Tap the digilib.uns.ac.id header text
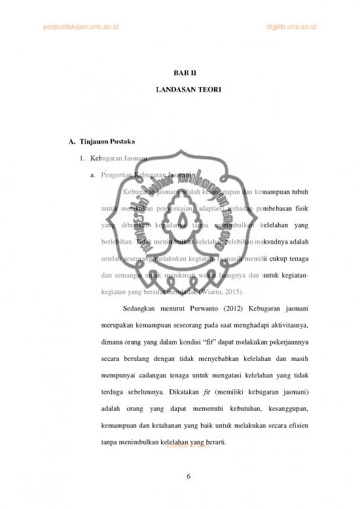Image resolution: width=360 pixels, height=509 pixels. click(291, 26)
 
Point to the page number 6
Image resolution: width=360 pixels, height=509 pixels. click(189, 476)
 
